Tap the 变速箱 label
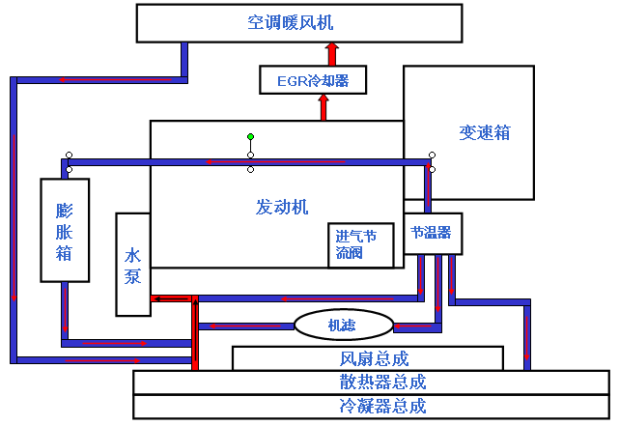485,133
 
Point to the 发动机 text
281,206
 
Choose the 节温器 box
431,233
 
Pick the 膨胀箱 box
65,230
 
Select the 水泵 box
133,265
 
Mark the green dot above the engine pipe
250,136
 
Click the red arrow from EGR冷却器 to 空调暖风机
331,53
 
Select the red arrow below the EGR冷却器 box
324,106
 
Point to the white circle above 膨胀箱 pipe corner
69,155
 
